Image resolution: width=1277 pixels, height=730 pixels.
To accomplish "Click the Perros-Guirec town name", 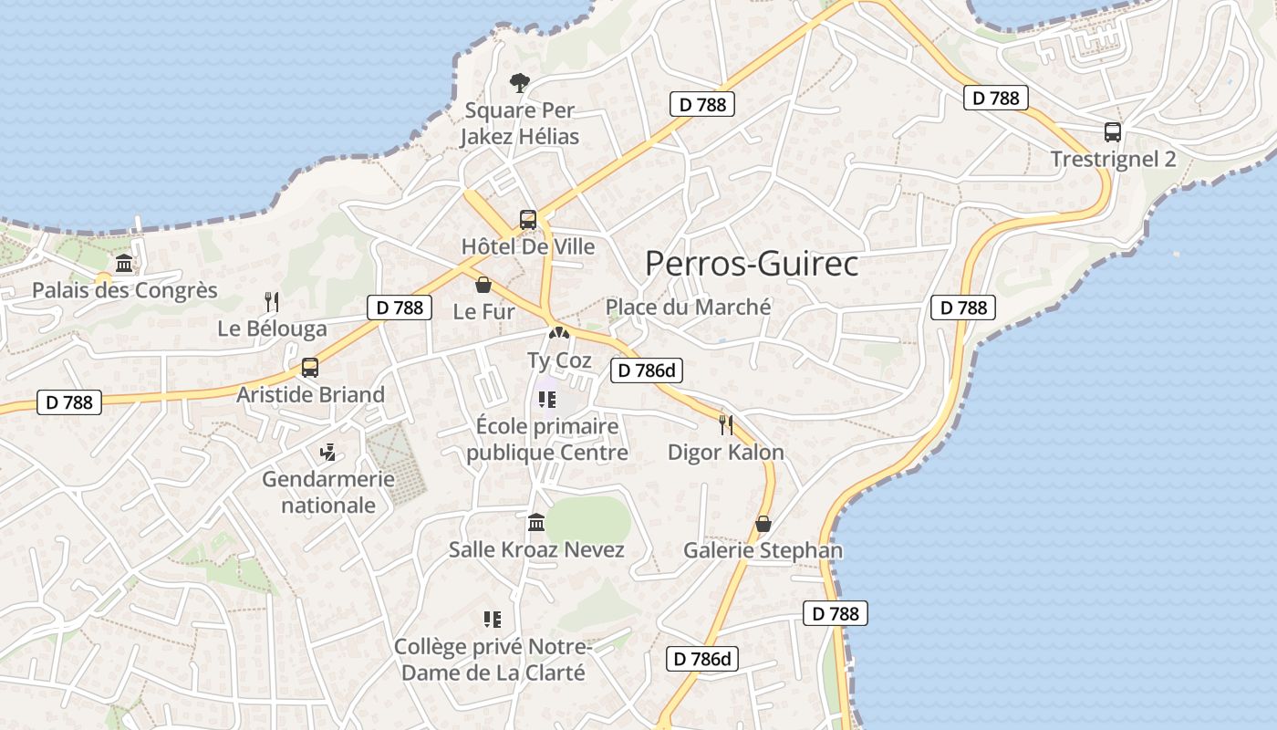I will (x=752, y=264).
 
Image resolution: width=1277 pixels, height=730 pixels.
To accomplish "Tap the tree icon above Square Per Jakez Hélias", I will (x=519, y=83).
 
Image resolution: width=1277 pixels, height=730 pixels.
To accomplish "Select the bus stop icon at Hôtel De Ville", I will (x=528, y=219).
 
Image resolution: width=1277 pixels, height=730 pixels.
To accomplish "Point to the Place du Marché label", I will (x=688, y=307).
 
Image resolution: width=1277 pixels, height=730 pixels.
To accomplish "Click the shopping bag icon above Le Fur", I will (x=483, y=285).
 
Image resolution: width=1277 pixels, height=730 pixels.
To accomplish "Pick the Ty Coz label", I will (x=559, y=360).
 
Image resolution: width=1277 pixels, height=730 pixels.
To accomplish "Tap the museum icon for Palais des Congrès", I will (x=124, y=264).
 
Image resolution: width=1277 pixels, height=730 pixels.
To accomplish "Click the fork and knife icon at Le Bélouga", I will (x=271, y=301).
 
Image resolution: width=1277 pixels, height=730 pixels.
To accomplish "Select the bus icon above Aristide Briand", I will (x=310, y=368).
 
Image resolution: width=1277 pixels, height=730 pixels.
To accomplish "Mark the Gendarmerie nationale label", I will (x=328, y=492).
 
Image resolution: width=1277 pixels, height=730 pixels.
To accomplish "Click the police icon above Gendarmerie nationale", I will (x=327, y=451).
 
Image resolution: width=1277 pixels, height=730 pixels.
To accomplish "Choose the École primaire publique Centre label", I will (x=547, y=439).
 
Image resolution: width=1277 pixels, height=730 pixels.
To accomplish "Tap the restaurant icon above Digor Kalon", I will (x=726, y=424).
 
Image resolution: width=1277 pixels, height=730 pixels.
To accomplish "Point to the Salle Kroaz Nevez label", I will (x=536, y=549).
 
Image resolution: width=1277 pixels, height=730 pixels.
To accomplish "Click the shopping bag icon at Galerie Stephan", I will (x=763, y=524).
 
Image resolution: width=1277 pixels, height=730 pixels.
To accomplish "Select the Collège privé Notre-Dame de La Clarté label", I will (x=493, y=660).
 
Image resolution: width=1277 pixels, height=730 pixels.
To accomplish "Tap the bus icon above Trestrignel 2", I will (x=1113, y=131).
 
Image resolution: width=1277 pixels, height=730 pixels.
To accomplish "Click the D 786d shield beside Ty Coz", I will (x=646, y=370).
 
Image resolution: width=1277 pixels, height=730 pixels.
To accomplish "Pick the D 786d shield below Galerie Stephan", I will (x=701, y=659).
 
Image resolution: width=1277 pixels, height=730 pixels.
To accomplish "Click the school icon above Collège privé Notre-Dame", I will (x=493, y=620).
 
